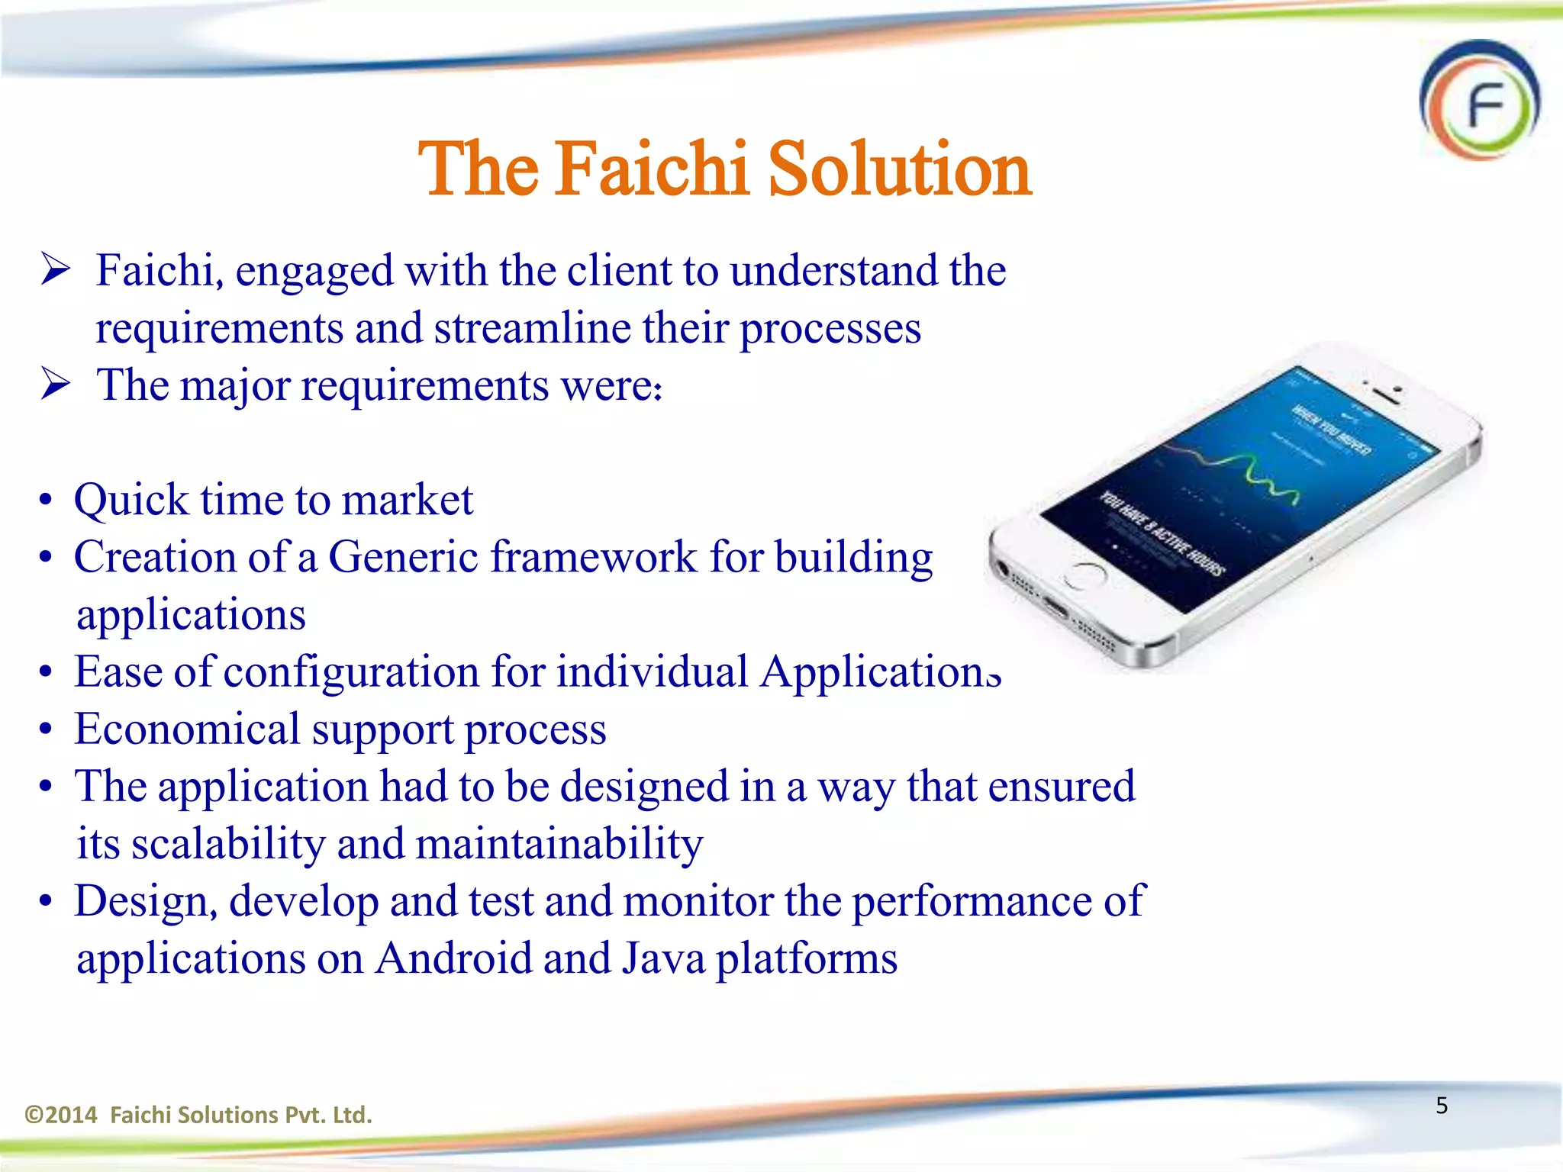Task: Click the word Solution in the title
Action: coord(899,169)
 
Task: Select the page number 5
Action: coord(1442,1106)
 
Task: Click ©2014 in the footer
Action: coord(61,1116)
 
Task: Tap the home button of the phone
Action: coord(1084,576)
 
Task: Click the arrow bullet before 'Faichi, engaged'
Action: coord(56,270)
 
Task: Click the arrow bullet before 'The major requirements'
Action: coord(56,385)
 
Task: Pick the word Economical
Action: coord(187,729)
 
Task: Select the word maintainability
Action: coord(559,845)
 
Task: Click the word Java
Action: coord(663,959)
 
